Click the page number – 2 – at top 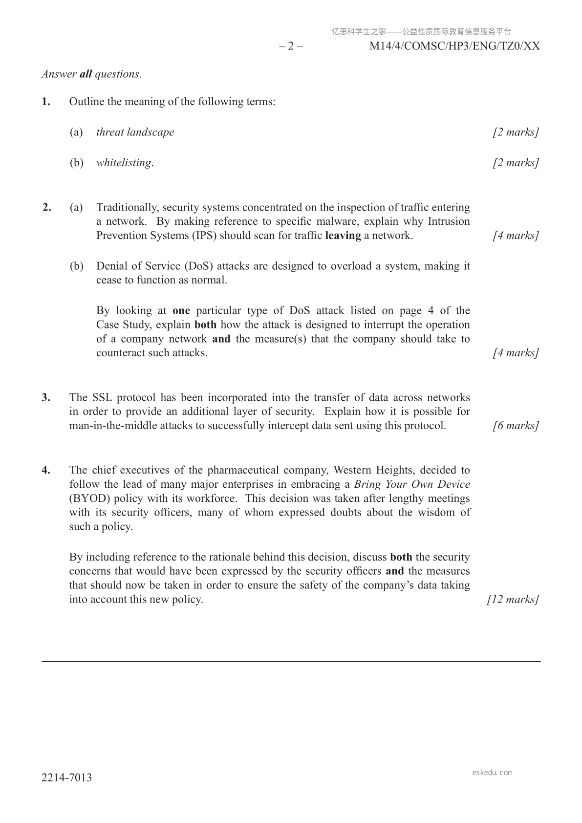(291, 46)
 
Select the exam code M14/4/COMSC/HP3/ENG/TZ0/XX (454, 46)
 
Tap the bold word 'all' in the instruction (86, 74)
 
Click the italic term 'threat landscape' (135, 132)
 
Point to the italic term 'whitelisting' (124, 163)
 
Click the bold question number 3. (46, 397)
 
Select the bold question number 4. (46, 470)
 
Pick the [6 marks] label (516, 426)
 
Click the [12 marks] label (513, 600)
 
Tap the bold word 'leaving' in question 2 (343, 236)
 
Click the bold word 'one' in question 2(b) (181, 311)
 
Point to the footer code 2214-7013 (66, 778)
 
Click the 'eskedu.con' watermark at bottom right (492, 773)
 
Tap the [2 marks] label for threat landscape (516, 132)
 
